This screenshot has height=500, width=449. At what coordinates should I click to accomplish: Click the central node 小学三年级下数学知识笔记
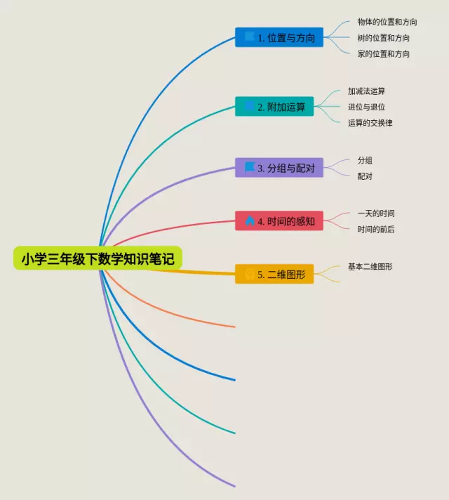tap(98, 258)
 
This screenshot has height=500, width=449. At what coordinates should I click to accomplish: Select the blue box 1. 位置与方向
tap(279, 37)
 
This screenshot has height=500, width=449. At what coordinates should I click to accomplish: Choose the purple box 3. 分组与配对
tap(279, 168)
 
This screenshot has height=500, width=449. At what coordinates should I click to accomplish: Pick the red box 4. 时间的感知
tap(279, 221)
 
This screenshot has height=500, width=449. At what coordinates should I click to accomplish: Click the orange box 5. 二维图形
tap(274, 275)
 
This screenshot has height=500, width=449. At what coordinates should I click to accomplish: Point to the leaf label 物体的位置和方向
tap(387, 22)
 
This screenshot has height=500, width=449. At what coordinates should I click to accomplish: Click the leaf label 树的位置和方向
tap(384, 38)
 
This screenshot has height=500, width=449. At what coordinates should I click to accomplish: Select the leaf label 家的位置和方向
tap(384, 54)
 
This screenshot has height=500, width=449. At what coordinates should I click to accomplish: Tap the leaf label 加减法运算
tap(366, 91)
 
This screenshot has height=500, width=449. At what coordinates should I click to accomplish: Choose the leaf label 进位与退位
tap(366, 107)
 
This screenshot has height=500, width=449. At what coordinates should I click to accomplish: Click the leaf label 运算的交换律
tap(370, 123)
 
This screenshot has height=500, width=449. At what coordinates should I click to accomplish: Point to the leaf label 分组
tap(365, 161)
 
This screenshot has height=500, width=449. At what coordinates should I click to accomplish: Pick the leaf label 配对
tap(365, 176)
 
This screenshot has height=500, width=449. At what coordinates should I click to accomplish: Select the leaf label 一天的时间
tap(380, 213)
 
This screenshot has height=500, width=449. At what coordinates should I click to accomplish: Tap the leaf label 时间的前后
tap(376, 230)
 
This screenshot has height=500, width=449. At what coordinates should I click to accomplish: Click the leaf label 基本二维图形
tap(370, 267)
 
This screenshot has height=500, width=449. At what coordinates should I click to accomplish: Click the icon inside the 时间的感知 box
tap(249, 221)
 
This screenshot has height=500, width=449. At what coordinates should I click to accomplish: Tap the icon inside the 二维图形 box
tap(249, 275)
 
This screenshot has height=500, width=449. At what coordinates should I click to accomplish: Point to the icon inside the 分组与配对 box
tap(249, 167)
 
